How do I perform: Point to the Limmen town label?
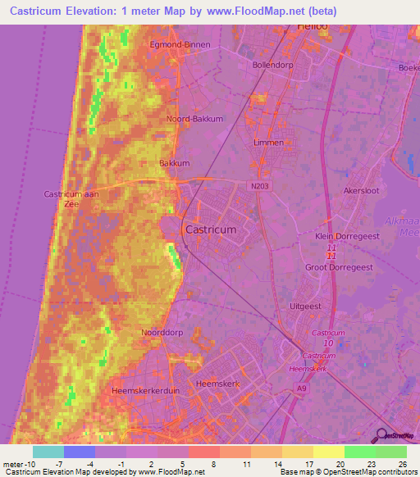click(x=269, y=143)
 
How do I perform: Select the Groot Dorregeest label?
click(x=339, y=267)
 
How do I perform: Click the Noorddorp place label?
click(x=159, y=334)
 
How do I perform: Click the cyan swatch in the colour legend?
click(x=48, y=452)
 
